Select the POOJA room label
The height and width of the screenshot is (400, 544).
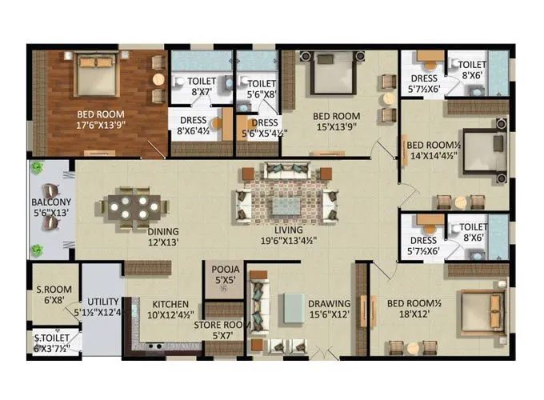[220, 270]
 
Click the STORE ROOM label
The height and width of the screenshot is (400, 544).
[226, 324]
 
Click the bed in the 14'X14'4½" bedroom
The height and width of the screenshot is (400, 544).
[483, 148]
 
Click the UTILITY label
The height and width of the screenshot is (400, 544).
[102, 302]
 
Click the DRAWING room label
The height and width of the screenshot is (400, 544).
[330, 304]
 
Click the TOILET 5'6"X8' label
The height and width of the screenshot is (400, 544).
[262, 83]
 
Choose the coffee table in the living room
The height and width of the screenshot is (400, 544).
[286, 206]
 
